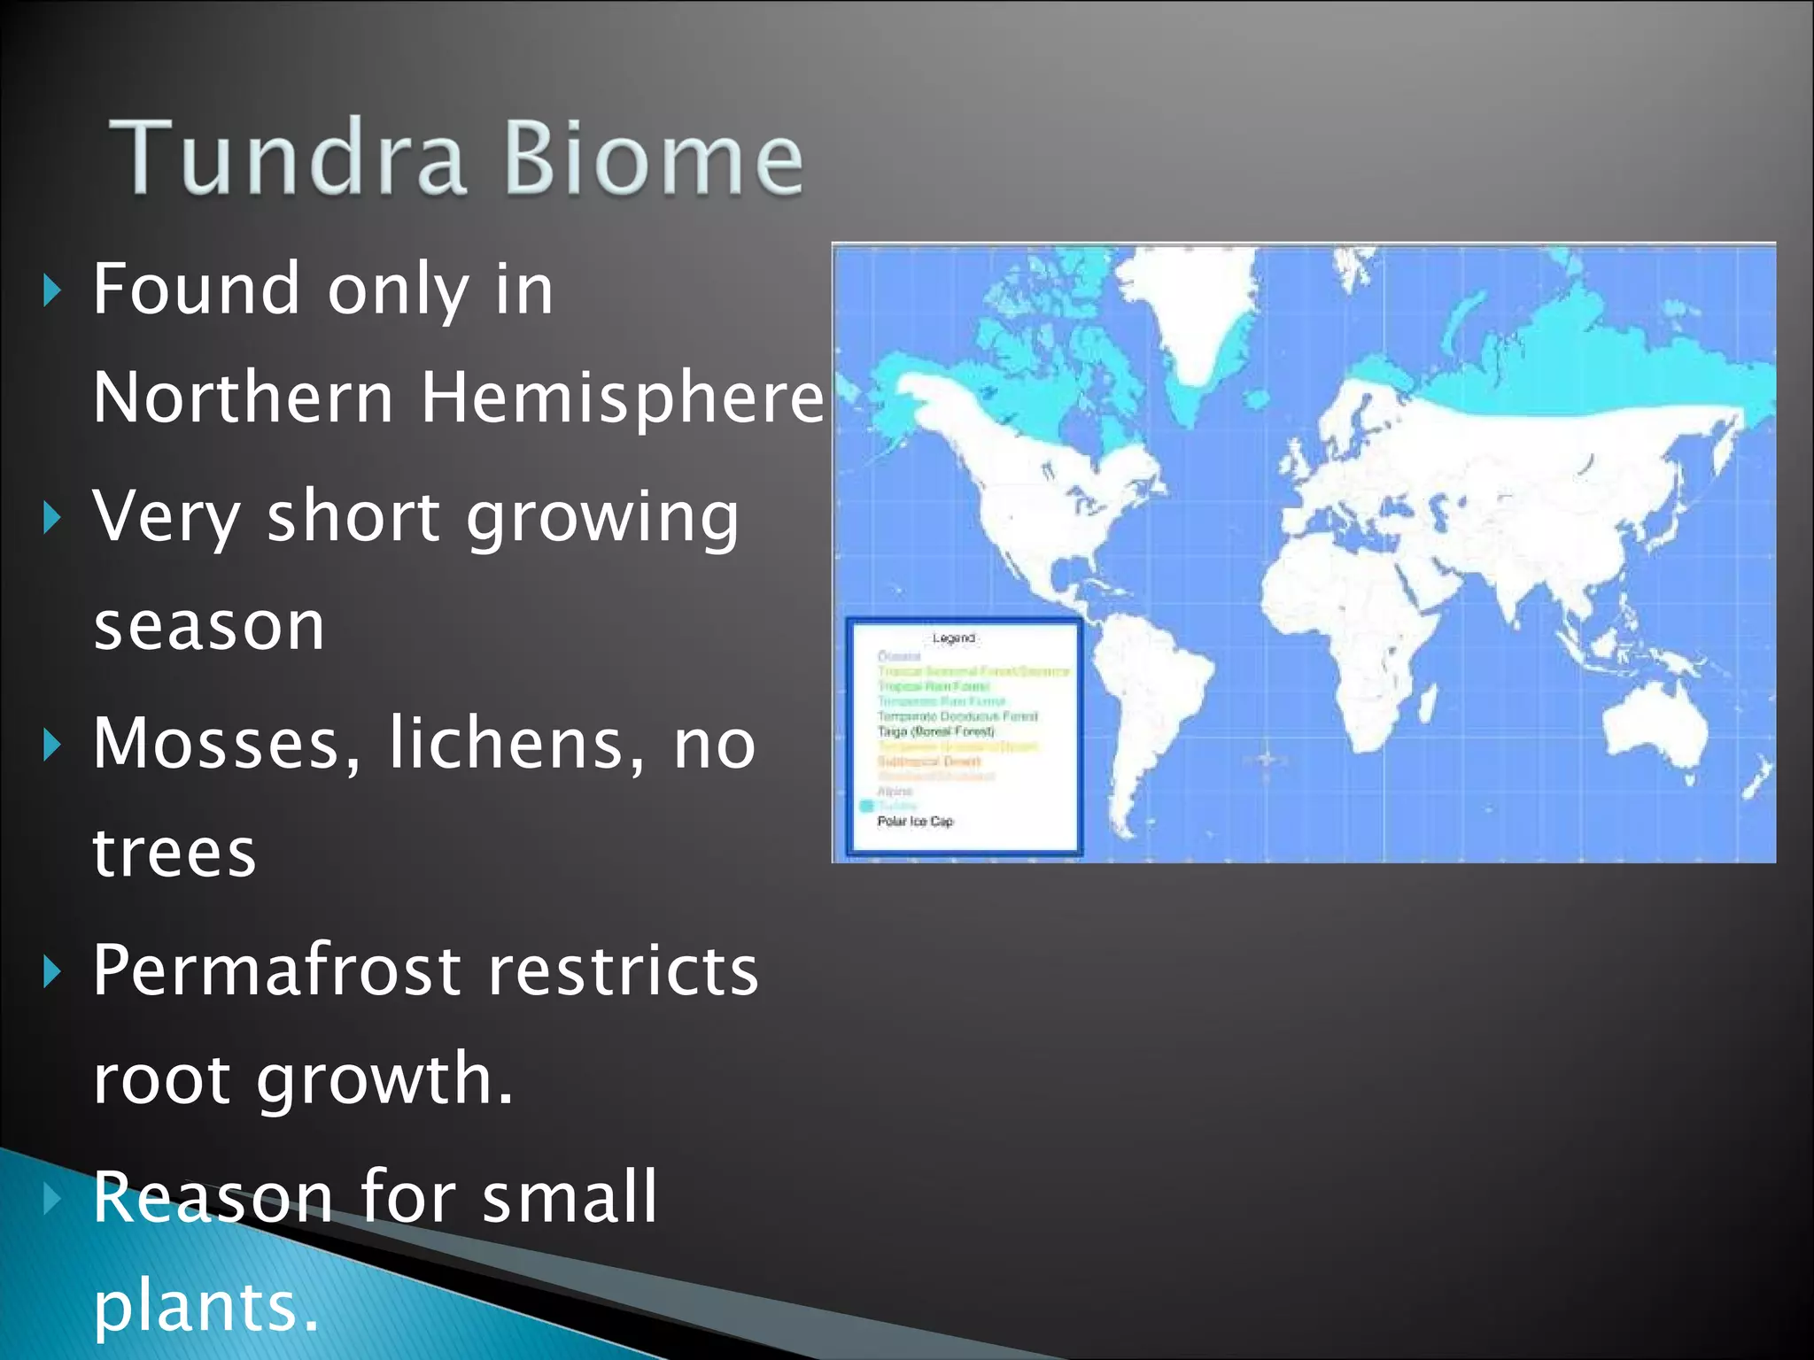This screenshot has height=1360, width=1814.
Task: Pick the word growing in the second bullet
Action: [602, 517]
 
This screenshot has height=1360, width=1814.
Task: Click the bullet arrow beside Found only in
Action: [52, 290]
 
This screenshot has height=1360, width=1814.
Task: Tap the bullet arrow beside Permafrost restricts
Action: [52, 972]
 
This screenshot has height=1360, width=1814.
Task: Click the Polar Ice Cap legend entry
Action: [915, 822]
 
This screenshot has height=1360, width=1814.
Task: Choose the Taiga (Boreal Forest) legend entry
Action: [935, 731]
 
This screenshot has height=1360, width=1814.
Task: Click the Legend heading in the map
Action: [954, 637]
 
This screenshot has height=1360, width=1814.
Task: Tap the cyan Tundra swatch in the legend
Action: [866, 806]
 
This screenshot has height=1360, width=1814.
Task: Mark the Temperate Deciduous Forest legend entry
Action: [957, 716]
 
